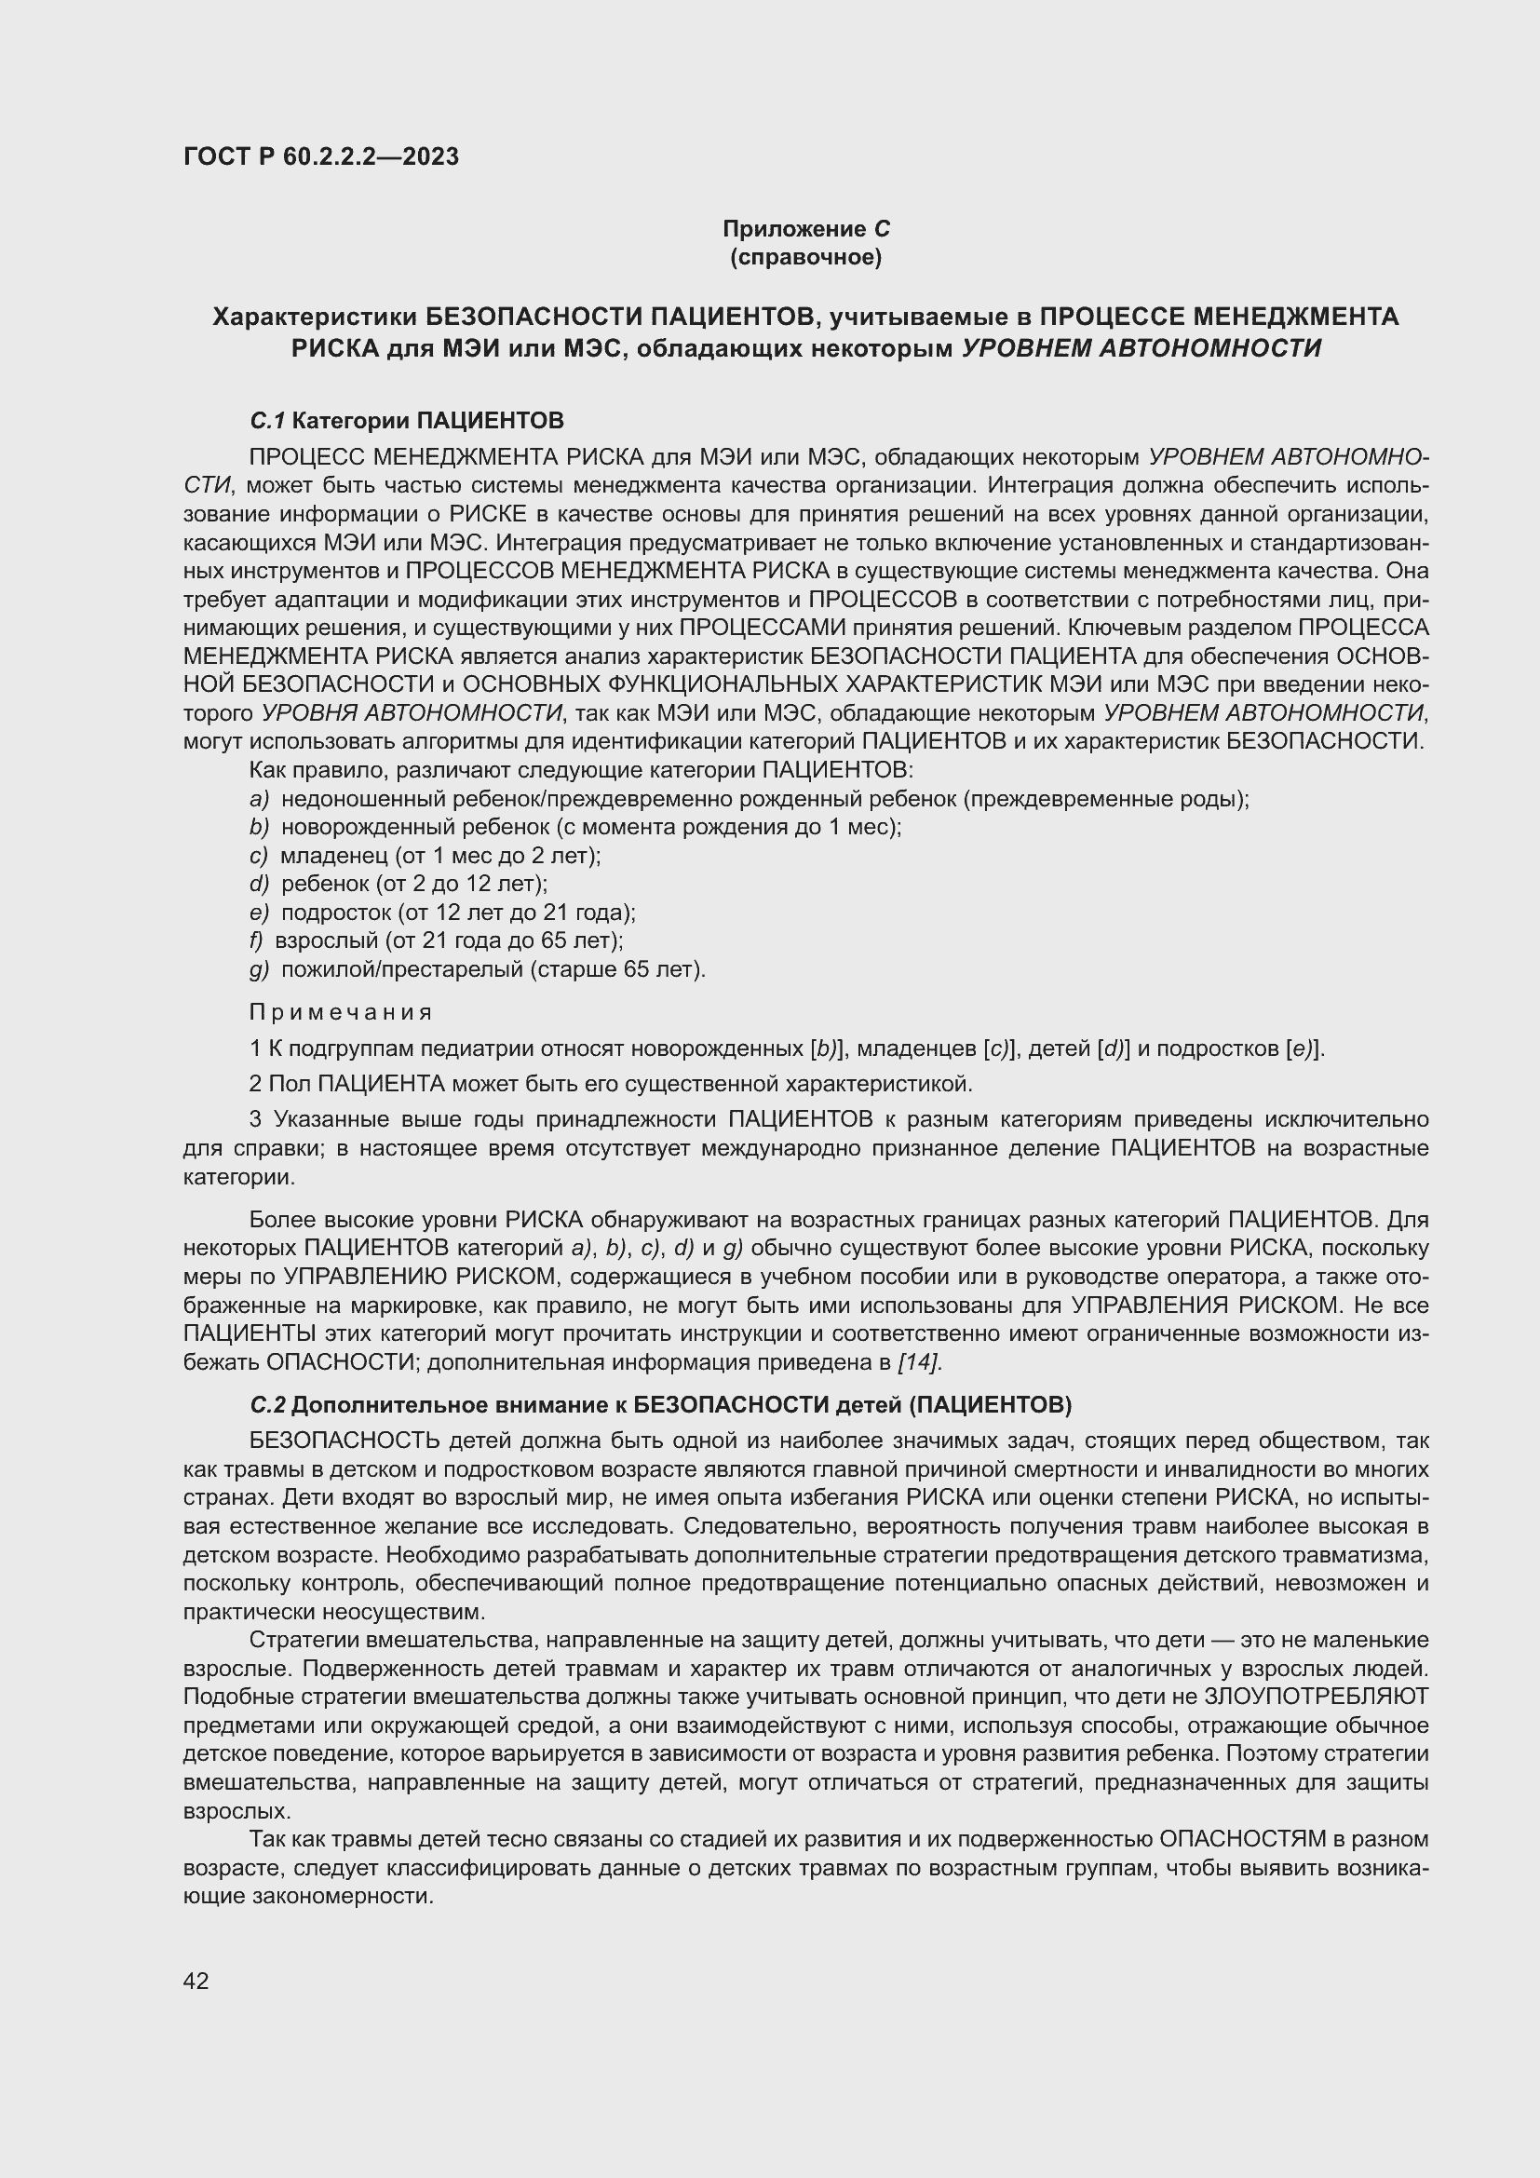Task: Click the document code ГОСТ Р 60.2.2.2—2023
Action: (320, 156)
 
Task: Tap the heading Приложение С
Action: (806, 229)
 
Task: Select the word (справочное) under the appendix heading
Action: (806, 257)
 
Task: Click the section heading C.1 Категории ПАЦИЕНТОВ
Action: (407, 419)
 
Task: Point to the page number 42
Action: (196, 1981)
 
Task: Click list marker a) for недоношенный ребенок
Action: (259, 799)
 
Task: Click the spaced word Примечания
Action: (342, 1012)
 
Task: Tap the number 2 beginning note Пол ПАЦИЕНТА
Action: (255, 1083)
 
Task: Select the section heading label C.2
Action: (267, 1404)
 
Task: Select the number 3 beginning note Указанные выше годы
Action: (256, 1120)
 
